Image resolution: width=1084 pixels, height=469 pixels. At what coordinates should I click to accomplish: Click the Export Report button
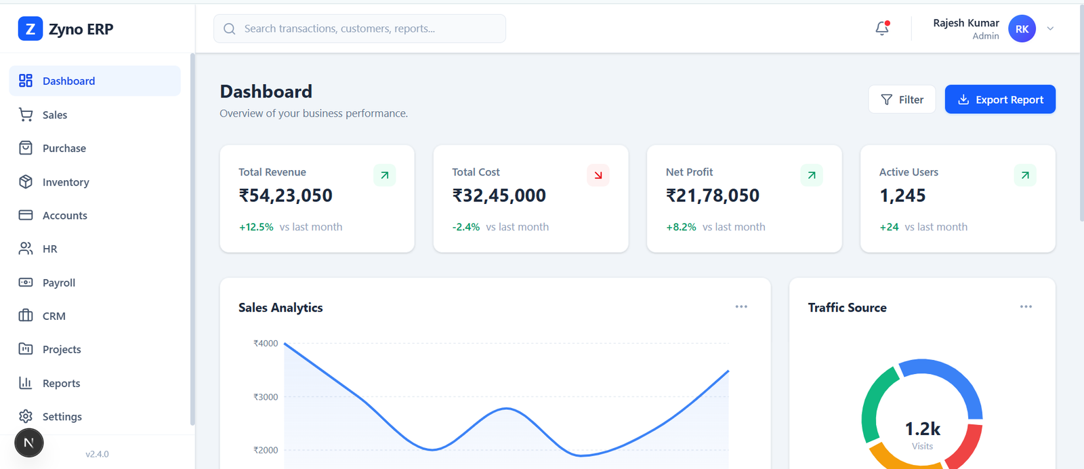tap(1000, 100)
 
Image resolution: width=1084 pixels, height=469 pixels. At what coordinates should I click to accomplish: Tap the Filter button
tap(902, 100)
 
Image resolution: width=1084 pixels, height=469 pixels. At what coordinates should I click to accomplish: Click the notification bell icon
tap(882, 28)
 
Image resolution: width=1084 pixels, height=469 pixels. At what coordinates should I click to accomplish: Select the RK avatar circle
tap(1022, 29)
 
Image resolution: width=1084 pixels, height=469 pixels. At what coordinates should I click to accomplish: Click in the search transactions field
tap(359, 28)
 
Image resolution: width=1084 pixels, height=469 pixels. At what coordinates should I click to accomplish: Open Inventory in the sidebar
tap(66, 182)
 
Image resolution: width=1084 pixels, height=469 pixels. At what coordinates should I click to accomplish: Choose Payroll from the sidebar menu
tap(59, 283)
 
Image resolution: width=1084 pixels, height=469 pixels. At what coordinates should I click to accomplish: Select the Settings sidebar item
tap(62, 417)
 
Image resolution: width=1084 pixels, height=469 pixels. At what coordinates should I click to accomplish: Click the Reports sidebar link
tap(61, 384)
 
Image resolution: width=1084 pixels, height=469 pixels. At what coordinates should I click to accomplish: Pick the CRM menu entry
tap(54, 317)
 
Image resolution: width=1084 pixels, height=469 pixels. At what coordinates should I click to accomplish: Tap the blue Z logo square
tap(30, 29)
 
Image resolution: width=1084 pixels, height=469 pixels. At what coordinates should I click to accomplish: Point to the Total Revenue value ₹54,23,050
tap(285, 196)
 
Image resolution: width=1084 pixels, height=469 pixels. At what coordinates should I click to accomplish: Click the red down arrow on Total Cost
tap(598, 176)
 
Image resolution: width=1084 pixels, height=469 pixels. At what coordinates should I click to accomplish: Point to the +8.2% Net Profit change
tap(681, 227)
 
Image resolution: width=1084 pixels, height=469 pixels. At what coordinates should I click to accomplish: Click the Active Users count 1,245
tap(902, 196)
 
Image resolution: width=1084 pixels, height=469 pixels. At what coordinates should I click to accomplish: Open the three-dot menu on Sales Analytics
tap(741, 307)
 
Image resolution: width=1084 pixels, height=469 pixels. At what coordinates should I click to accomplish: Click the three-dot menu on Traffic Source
tap(1026, 307)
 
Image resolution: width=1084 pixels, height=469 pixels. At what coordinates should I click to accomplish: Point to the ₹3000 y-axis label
tap(266, 397)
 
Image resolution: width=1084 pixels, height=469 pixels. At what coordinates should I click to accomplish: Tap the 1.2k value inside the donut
tap(922, 429)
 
